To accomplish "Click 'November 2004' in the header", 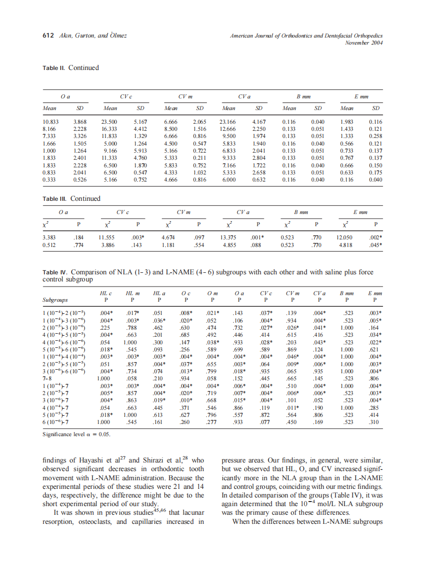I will [364, 43].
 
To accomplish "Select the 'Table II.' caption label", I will [54, 68].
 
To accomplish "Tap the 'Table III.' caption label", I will [55, 199].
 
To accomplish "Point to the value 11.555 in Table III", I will [108, 237].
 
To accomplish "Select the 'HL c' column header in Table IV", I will [105, 294].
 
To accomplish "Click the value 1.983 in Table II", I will [347, 122].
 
